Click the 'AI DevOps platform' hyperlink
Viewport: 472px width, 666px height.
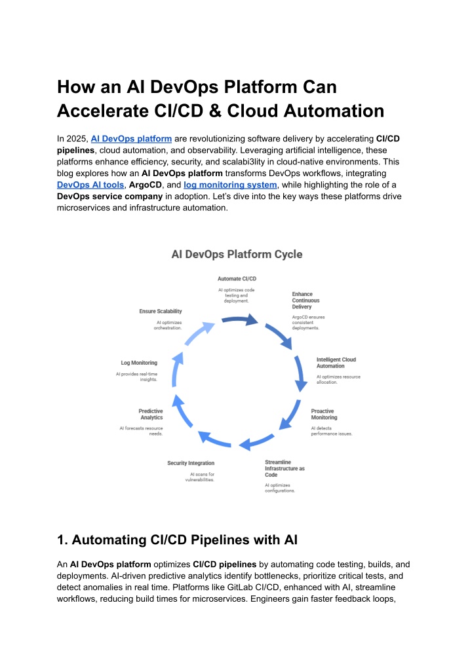131,139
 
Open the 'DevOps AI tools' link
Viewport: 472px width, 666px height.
90,185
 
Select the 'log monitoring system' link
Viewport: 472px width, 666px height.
230,185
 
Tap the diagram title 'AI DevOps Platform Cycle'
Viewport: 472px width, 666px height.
237,255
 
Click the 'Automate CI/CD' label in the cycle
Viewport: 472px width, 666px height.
237,278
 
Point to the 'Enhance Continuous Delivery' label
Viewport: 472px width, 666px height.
305,301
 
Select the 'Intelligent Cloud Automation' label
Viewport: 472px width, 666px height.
336,363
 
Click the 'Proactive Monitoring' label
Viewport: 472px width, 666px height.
324,414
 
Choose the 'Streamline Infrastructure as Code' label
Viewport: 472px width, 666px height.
285,468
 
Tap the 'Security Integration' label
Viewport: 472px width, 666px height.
191,463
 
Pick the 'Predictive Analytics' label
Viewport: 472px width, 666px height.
151,414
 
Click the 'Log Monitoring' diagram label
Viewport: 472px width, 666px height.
139,363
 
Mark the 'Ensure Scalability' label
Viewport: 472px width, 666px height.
161,311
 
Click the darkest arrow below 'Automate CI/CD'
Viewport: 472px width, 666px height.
241,320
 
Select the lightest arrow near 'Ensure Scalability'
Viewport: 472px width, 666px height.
199,333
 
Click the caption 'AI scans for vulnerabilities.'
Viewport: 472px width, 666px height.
200,477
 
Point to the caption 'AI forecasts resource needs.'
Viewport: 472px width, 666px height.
141,431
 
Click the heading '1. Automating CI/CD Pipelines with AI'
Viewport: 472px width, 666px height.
177,540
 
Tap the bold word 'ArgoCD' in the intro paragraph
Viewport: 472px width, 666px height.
146,185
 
